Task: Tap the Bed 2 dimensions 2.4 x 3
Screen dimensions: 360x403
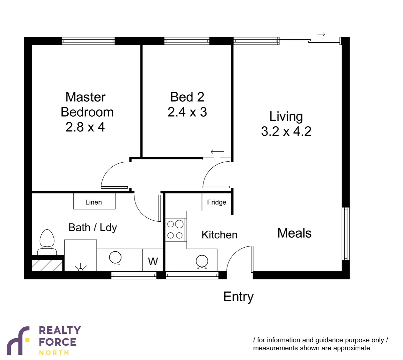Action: point(187,112)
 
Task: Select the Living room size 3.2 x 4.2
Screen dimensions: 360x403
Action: point(286,131)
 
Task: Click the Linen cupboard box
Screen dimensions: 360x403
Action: point(94,202)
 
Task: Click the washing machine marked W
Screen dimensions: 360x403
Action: point(153,261)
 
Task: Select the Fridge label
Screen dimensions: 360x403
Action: point(217,202)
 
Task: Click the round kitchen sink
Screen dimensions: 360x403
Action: point(202,261)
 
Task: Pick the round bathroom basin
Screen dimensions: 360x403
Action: point(115,258)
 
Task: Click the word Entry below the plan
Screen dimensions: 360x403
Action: point(238,297)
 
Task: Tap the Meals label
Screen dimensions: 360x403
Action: point(294,233)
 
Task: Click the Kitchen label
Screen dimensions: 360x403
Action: point(219,235)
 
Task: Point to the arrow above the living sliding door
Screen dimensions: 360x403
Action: point(321,34)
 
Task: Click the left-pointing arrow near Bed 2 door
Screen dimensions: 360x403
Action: point(217,152)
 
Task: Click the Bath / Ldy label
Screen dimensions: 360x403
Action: point(92,228)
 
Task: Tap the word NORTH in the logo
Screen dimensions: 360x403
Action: point(54,353)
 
